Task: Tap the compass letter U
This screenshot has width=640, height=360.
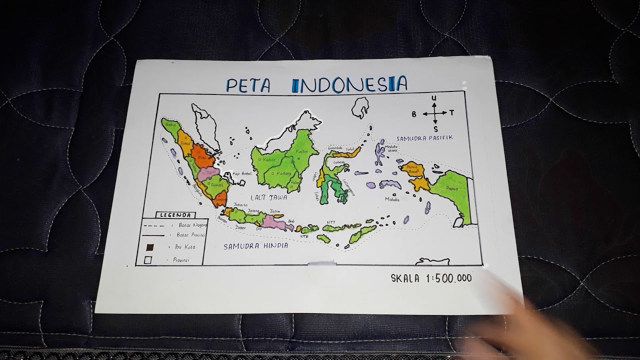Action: point(434,98)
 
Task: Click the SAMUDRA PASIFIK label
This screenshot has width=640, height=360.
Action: point(424,137)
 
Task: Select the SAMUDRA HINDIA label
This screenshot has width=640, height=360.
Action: point(255,246)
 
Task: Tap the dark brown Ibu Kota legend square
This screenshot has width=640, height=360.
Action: point(148,247)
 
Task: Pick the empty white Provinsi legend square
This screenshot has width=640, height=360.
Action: point(147,259)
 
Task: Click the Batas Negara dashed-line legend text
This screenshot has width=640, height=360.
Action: point(192,225)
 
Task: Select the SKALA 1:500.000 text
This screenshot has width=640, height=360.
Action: point(431,278)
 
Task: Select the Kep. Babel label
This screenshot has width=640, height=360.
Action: point(241,174)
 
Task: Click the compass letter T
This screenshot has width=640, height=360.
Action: point(451,113)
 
